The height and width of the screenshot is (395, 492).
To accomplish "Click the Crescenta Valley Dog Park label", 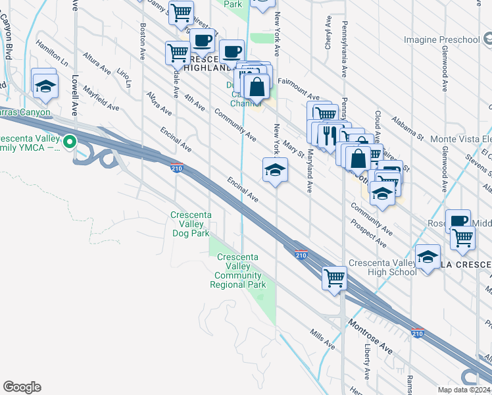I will (190, 224).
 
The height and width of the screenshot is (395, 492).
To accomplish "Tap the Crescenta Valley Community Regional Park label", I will (238, 271).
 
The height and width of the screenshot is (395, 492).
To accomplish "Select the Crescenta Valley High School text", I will (383, 267).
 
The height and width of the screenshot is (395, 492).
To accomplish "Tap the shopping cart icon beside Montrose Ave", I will (335, 277).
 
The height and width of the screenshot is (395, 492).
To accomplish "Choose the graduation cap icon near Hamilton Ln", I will (45, 85).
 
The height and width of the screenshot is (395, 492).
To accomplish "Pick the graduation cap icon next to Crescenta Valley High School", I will (428, 257).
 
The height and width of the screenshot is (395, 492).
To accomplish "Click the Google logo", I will (22, 387).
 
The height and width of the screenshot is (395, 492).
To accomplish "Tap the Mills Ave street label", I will (322, 340).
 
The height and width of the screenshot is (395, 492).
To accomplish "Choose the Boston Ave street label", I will (143, 41).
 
